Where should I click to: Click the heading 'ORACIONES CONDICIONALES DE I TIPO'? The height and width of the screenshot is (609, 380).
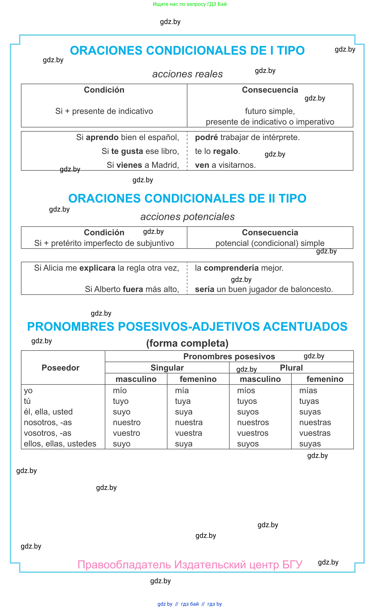(187, 51)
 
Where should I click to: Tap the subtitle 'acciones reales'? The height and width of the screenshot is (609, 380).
(187, 74)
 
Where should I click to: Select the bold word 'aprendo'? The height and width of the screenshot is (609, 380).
(102, 137)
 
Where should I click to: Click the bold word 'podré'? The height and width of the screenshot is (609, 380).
(206, 137)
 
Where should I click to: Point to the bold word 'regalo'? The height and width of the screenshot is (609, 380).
(225, 151)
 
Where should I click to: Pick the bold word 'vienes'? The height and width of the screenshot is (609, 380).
(129, 165)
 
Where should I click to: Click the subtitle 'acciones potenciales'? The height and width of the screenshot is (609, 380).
(187, 216)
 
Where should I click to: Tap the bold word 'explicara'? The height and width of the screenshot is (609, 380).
(97, 268)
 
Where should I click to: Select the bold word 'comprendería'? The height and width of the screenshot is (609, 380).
(231, 268)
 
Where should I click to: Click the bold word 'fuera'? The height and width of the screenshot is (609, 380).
(133, 289)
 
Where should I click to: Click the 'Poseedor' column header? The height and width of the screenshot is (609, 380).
(61, 368)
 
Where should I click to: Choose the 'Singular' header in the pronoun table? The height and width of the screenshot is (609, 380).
(167, 368)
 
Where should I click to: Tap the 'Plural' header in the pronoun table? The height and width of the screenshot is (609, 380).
(291, 368)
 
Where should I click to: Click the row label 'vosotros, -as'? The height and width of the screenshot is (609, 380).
(47, 433)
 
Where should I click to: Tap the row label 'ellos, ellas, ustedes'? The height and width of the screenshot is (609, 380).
(60, 444)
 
